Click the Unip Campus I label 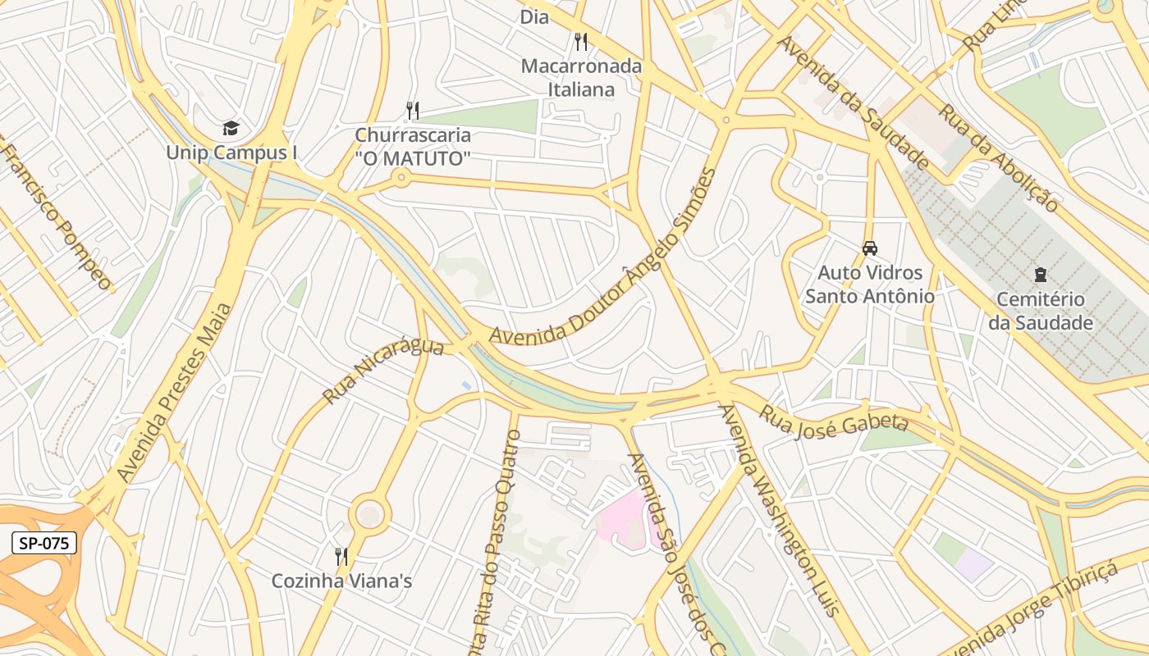[231, 153]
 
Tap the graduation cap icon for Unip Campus [231, 128]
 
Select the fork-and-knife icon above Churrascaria [413, 110]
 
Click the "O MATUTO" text [413, 158]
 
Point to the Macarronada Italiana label [581, 77]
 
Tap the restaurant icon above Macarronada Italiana [581, 41]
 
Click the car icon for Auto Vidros [870, 248]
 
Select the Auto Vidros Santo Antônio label [870, 284]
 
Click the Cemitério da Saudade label [1041, 311]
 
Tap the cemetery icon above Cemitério [1041, 274]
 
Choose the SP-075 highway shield [45, 542]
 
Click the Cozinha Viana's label [341, 581]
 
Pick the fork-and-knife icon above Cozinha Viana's [341, 557]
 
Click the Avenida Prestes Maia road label [175, 392]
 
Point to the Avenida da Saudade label [853, 102]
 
